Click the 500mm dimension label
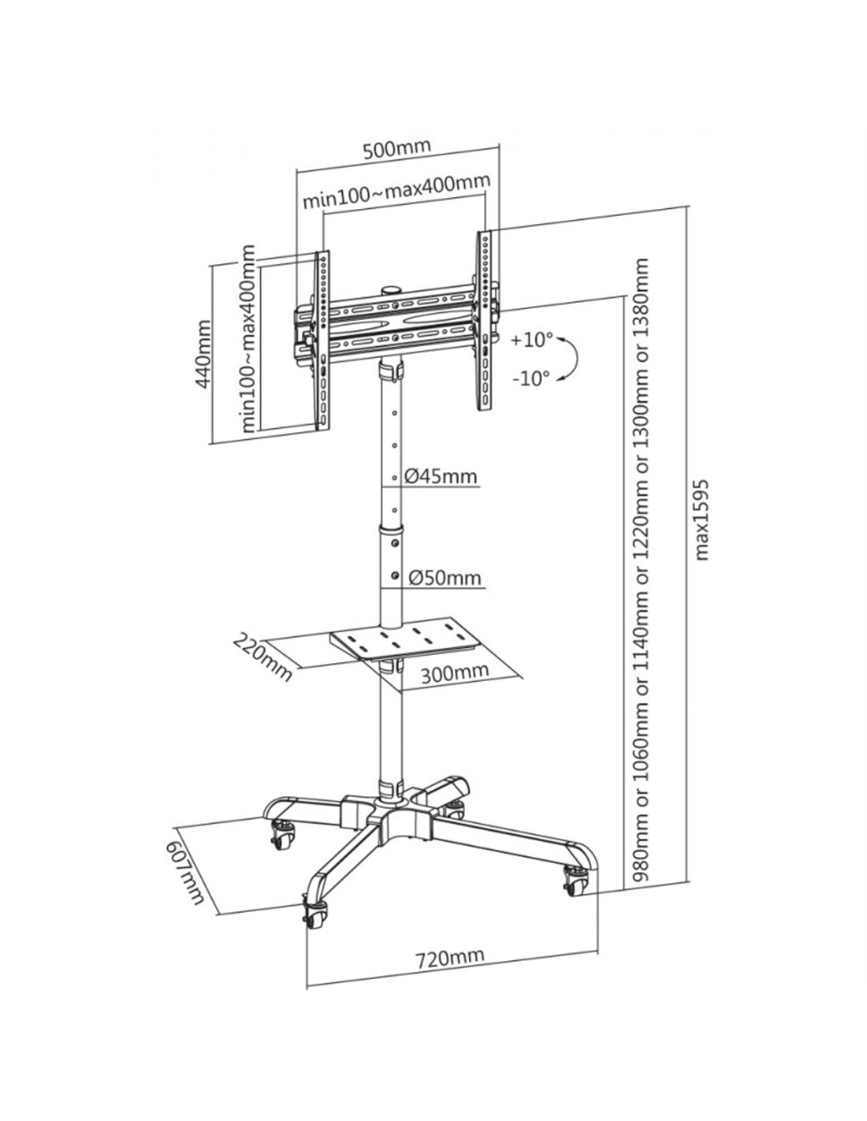[x=396, y=149]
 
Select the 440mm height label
[x=203, y=354]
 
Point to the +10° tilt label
[x=532, y=341]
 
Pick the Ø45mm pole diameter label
[x=441, y=475]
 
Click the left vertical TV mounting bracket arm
[x=321, y=341]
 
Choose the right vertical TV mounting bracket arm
[x=485, y=320]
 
